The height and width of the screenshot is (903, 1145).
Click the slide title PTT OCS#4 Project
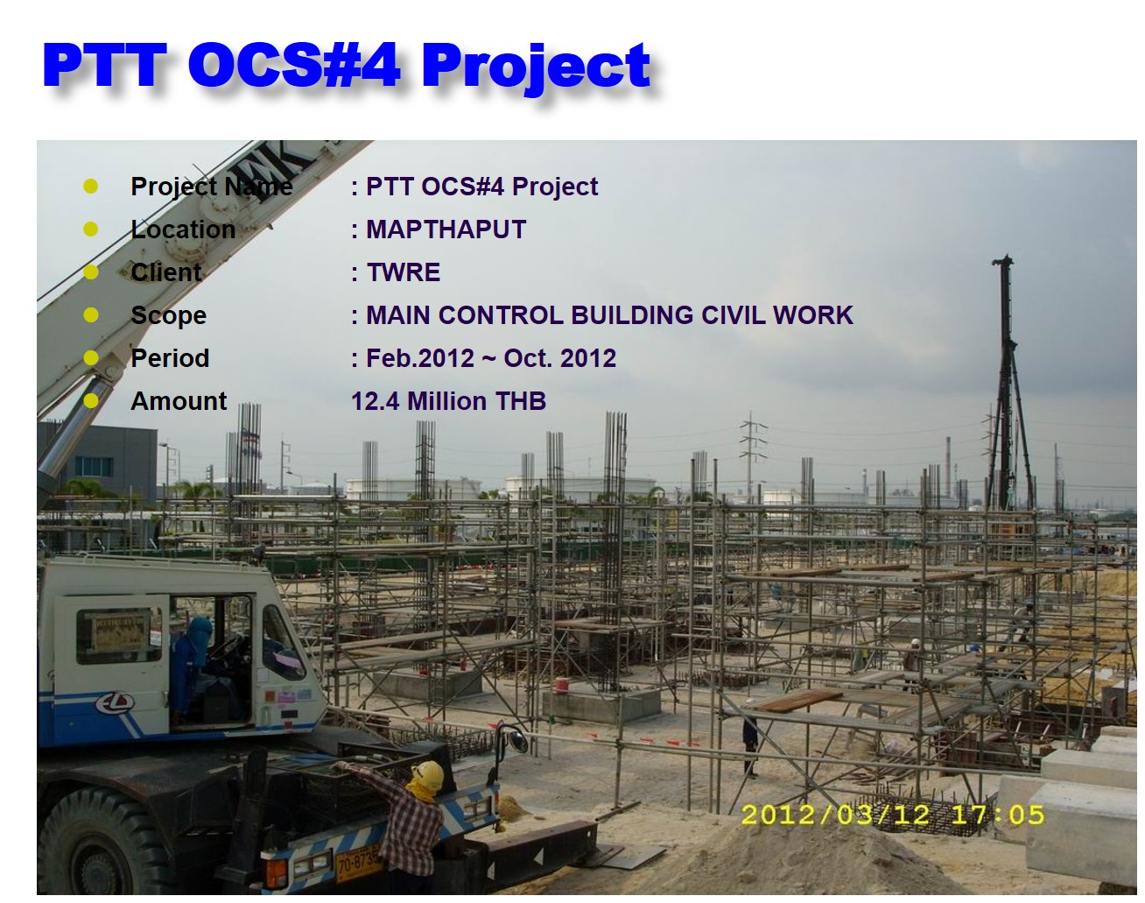[x=347, y=65]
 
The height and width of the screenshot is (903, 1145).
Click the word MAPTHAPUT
[x=446, y=229]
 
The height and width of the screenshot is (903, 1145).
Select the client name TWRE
[x=403, y=272]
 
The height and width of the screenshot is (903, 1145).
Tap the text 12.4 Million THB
[x=448, y=401]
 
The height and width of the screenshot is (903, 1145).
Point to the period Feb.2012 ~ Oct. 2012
[x=490, y=358]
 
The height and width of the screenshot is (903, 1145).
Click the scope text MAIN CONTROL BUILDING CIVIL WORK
[x=608, y=315]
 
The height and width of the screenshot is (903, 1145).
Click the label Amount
[x=179, y=401]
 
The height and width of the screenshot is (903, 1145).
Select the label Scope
[x=168, y=315]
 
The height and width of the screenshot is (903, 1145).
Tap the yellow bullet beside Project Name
[x=90, y=186]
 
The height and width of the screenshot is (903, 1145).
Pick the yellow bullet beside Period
[x=90, y=357]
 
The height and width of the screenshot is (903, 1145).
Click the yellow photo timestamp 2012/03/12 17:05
[x=892, y=815]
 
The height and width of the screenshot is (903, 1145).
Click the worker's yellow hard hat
[x=428, y=774]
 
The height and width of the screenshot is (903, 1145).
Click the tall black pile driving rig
[x=1005, y=385]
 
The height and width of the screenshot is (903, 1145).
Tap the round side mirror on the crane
[x=516, y=741]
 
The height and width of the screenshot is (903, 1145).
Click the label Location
[x=183, y=229]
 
